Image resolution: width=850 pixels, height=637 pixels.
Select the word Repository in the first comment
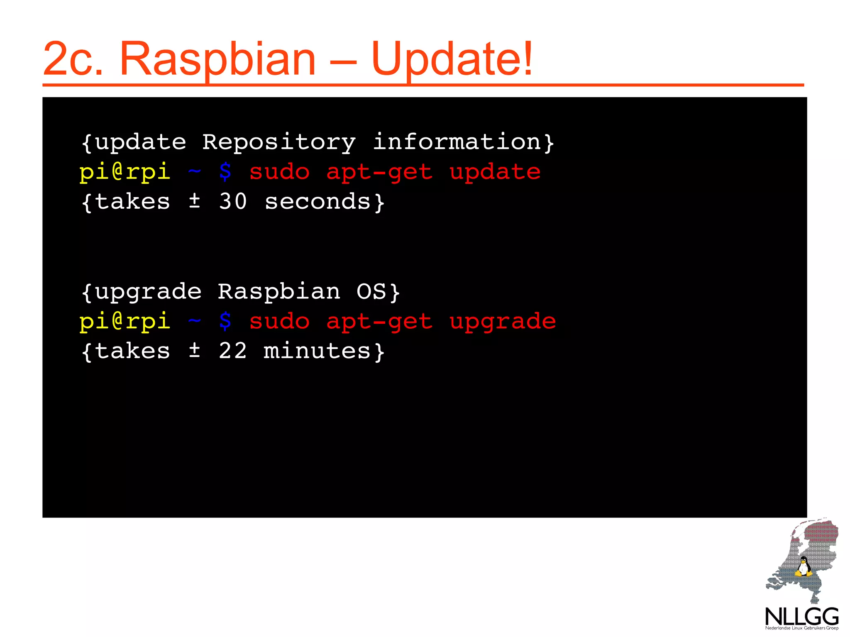[279, 142]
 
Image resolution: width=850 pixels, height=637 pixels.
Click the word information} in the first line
[463, 142]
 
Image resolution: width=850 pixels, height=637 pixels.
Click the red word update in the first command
[495, 172]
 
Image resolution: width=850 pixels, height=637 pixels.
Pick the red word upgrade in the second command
[503, 322]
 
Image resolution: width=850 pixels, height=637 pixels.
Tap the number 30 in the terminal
[233, 202]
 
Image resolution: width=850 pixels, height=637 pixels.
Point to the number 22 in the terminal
[233, 351]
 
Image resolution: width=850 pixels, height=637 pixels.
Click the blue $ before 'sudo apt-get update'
[225, 172]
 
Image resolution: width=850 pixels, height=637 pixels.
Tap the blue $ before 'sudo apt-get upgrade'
[225, 321]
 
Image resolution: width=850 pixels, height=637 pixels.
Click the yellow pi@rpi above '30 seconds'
[125, 172]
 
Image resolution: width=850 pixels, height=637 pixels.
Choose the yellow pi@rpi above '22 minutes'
[125, 322]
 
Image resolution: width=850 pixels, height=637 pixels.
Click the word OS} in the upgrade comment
[378, 292]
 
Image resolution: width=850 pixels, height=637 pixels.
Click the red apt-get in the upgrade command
[379, 322]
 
